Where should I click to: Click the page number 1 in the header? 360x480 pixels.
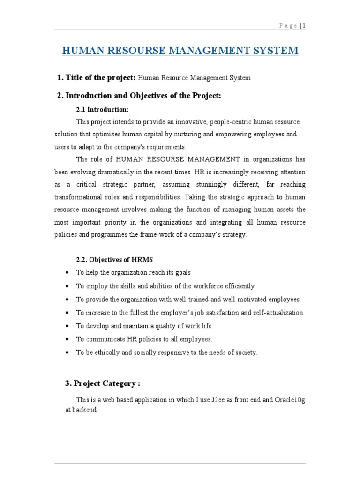coord(304,26)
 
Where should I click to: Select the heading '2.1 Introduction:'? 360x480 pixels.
coord(102,110)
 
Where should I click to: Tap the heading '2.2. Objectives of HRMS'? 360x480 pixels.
coord(114,259)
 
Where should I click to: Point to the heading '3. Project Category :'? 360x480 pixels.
coord(103,383)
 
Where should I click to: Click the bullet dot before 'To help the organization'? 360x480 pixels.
coord(68,272)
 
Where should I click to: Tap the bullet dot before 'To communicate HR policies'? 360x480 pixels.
coord(68,339)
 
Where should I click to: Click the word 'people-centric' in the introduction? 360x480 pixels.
coord(231,122)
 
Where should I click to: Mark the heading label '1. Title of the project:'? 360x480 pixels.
coord(96,78)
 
